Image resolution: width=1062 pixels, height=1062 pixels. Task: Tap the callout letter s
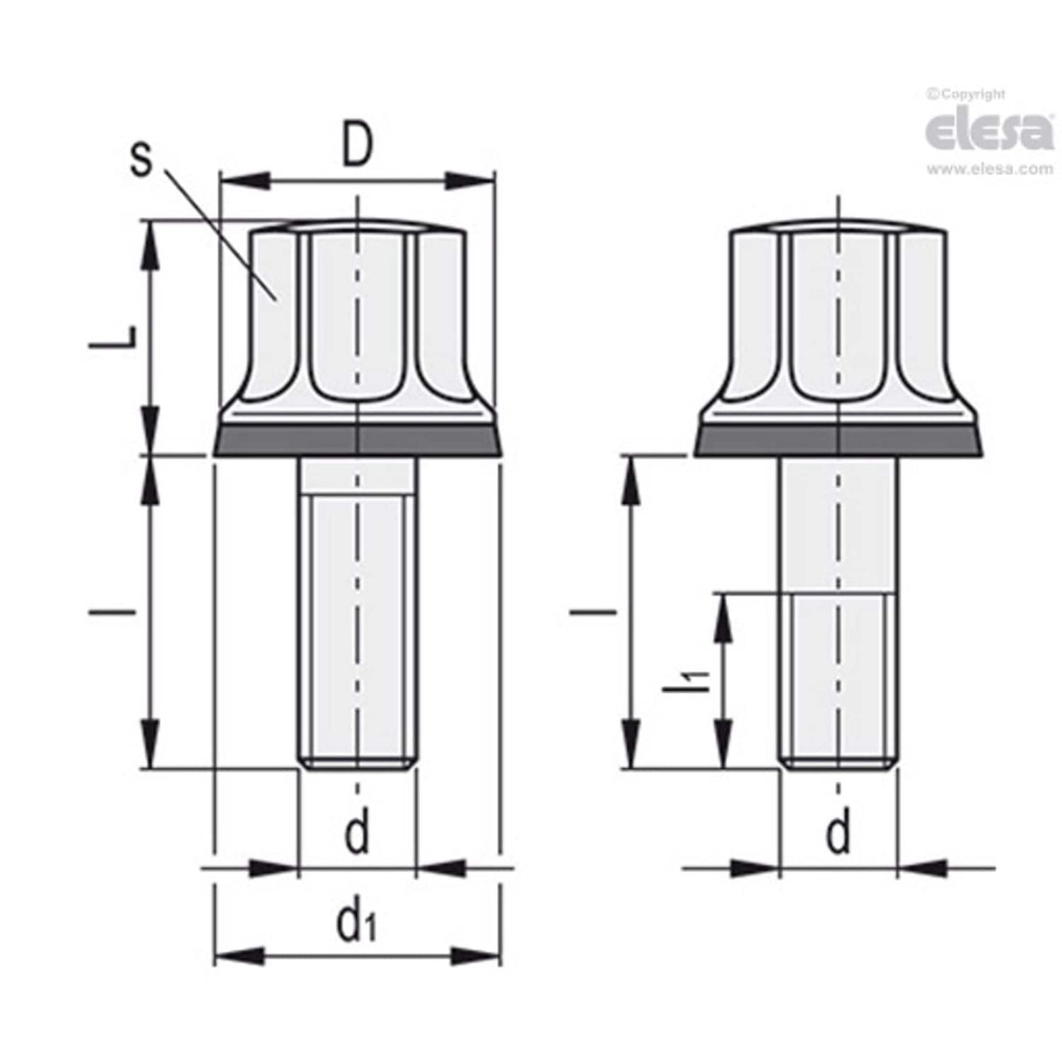pyautogui.click(x=141, y=160)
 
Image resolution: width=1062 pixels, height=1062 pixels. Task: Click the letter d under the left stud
pyautogui.click(x=357, y=832)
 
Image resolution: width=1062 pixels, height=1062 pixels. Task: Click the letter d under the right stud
pyautogui.click(x=838, y=832)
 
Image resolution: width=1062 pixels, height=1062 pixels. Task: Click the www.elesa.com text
pyautogui.click(x=989, y=170)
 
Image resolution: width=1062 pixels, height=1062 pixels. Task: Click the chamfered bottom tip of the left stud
pyautogui.click(x=357, y=764)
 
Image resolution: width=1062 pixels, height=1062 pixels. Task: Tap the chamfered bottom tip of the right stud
pyautogui.click(x=838, y=764)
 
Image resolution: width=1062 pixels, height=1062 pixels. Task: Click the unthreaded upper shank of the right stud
pyautogui.click(x=838, y=525)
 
